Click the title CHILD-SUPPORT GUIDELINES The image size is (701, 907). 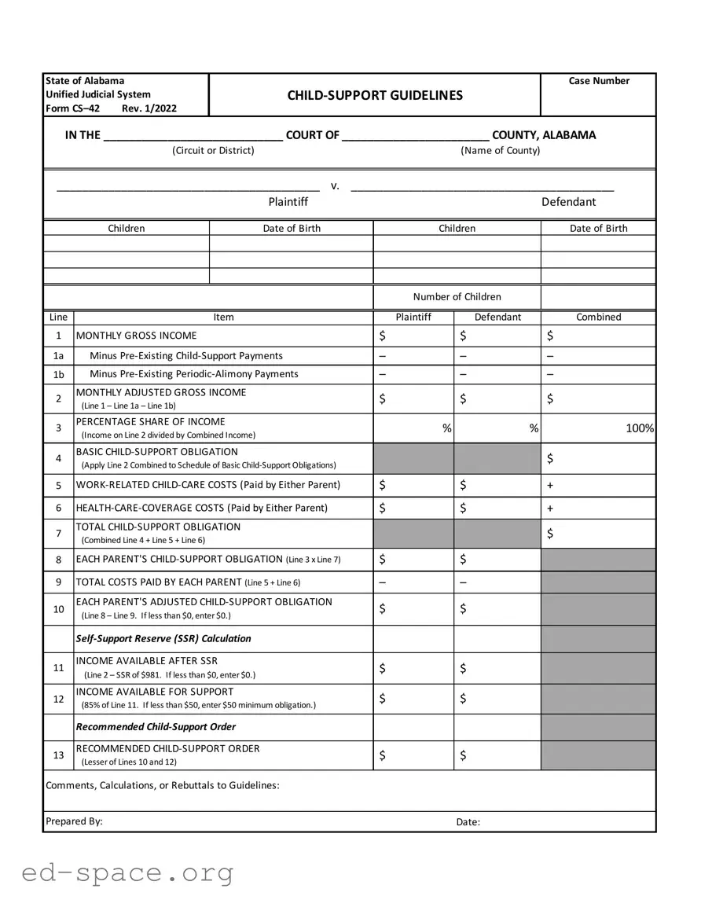(x=375, y=95)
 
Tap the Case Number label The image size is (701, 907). (x=599, y=81)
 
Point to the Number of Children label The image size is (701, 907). (x=457, y=296)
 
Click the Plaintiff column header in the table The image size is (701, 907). (x=413, y=318)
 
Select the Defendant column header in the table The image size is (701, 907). (x=497, y=318)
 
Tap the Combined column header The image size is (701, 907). (x=598, y=318)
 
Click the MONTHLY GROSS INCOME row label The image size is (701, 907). (x=136, y=336)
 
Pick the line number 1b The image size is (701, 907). (x=58, y=375)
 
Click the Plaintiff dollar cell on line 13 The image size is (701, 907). (x=413, y=756)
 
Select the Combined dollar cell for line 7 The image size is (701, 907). (x=598, y=534)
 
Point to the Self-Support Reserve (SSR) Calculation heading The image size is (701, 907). (x=163, y=638)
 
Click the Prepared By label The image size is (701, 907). (x=74, y=821)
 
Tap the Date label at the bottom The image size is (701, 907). (x=468, y=822)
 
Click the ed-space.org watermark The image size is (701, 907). (x=127, y=872)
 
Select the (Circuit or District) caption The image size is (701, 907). (x=213, y=150)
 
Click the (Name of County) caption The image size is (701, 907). (x=501, y=150)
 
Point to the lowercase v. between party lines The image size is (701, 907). (x=335, y=186)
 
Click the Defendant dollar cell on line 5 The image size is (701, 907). (x=497, y=486)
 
